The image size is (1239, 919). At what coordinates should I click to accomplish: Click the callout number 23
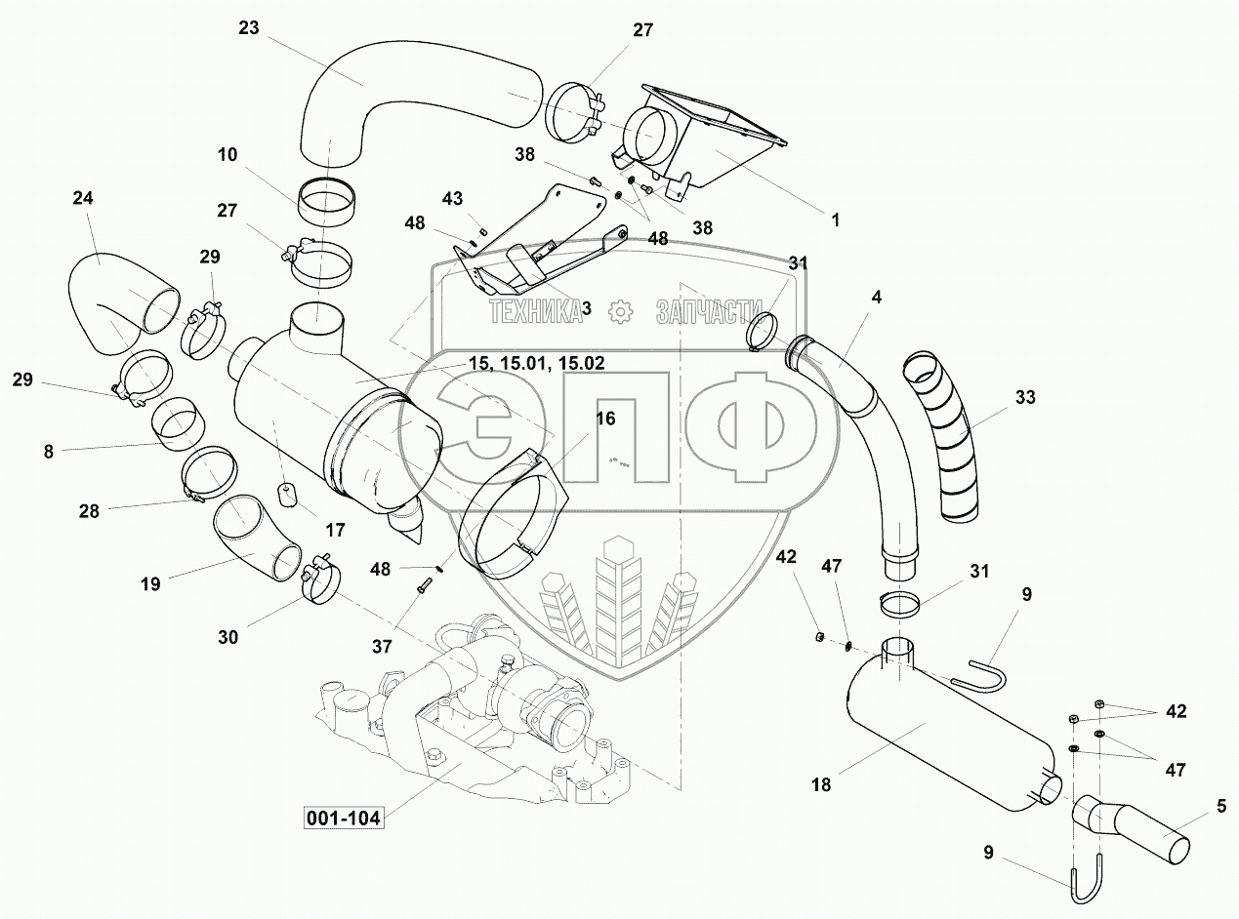click(x=248, y=28)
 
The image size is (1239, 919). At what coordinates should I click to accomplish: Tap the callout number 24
click(x=82, y=198)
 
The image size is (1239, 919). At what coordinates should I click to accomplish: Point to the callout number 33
click(x=1024, y=398)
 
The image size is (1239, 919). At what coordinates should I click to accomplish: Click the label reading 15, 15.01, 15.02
click(x=536, y=363)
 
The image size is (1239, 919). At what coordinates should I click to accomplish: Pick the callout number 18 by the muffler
click(x=821, y=783)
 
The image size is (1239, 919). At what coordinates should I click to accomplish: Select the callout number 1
click(x=835, y=220)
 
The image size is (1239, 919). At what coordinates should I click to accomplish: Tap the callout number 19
click(x=149, y=584)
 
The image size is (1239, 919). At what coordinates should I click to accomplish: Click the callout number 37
click(x=383, y=646)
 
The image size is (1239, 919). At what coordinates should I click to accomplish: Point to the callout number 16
click(x=605, y=419)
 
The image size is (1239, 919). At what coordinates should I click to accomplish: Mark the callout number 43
click(x=452, y=199)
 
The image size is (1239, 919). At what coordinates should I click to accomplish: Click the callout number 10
click(x=227, y=155)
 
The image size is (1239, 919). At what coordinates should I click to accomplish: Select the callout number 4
click(x=877, y=298)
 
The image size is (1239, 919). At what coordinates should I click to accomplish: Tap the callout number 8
click(x=48, y=451)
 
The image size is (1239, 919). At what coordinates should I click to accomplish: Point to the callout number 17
click(x=335, y=531)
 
